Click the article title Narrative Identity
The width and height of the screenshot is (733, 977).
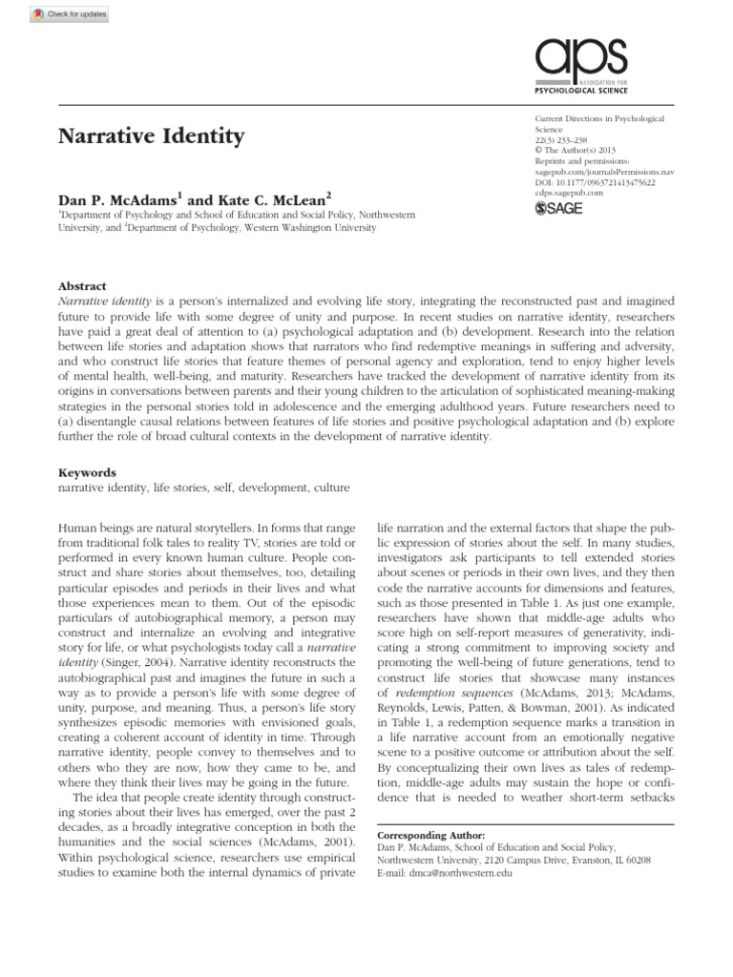pyautogui.click(x=152, y=135)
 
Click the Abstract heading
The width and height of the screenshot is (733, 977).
pyautogui.click(x=82, y=286)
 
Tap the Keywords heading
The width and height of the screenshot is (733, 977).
pyautogui.click(x=87, y=471)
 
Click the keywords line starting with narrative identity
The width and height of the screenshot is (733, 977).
pyautogui.click(x=191, y=488)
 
